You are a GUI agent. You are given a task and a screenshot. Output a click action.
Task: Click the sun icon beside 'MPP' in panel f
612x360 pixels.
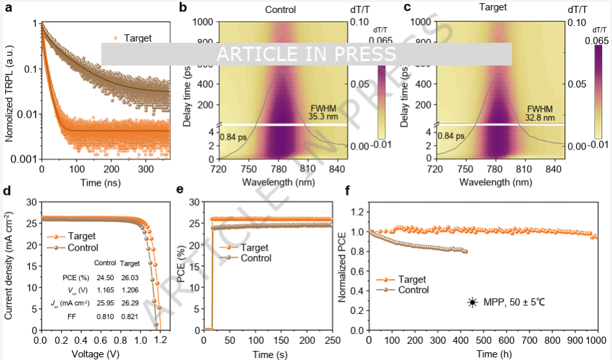[x=472, y=302]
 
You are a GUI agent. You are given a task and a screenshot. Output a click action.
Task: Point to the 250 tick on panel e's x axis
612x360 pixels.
[x=331, y=341]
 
